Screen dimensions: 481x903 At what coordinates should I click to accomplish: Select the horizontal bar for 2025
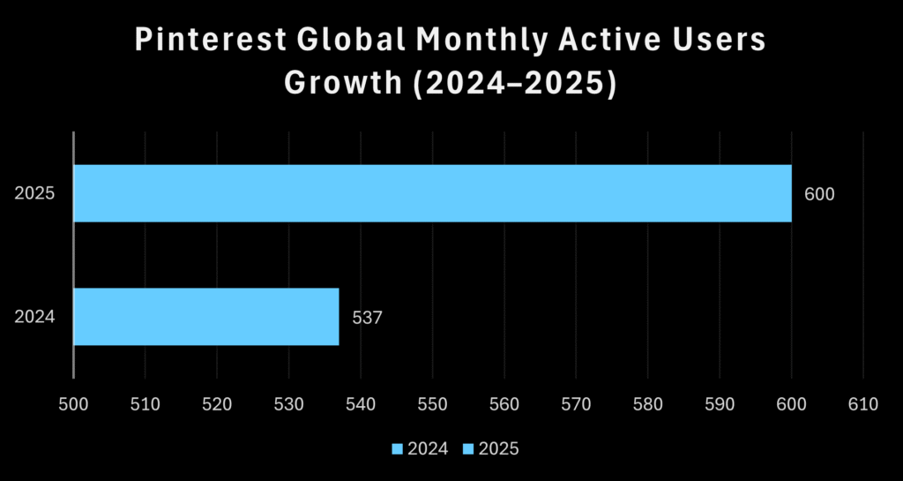coord(432,193)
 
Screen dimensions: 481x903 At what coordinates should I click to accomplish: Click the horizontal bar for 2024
coord(205,316)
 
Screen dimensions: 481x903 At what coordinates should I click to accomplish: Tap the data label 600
coord(819,193)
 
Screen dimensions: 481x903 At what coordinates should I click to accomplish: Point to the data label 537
coord(367,316)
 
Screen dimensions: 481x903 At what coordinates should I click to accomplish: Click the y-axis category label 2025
coord(35,193)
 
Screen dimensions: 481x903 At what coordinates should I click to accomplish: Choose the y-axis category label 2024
coord(35,316)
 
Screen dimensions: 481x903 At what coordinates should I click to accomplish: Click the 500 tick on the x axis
coord(73,404)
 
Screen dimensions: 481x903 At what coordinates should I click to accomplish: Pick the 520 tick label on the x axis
coord(217,404)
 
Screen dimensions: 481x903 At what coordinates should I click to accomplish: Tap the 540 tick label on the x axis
coord(361,404)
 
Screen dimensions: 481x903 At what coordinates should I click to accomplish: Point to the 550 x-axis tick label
coord(432,404)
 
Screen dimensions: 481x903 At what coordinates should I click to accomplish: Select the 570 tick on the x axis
coord(576,404)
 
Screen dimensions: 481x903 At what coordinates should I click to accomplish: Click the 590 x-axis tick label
coord(720,404)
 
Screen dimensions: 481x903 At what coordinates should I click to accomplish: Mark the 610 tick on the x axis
coord(862,404)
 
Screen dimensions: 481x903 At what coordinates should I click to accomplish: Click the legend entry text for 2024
coord(429,449)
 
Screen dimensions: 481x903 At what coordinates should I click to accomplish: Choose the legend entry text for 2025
coord(500,449)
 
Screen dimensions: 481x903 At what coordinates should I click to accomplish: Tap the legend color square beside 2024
coord(398,449)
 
